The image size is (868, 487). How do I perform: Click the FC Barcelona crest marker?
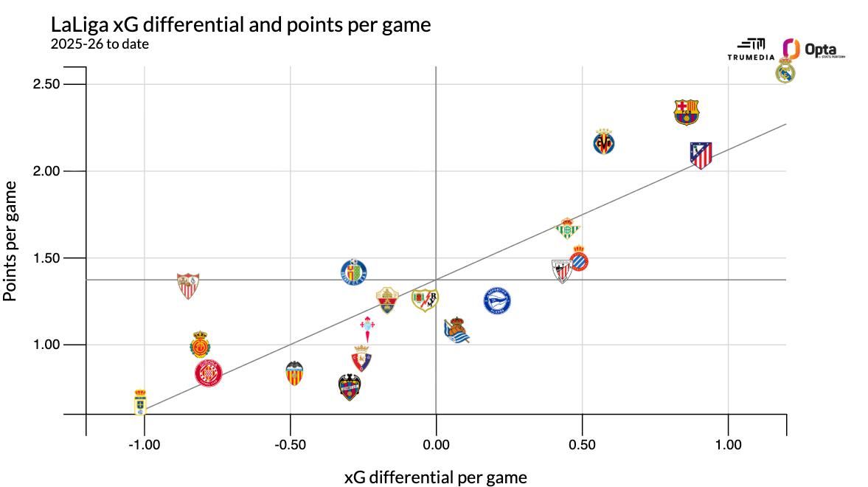(686, 112)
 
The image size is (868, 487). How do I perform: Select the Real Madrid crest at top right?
(785, 72)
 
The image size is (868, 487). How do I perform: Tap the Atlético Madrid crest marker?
(701, 155)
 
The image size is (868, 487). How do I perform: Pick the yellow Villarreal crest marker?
(604, 142)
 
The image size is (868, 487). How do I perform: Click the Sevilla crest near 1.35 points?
(188, 284)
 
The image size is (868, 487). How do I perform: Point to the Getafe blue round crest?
(354, 272)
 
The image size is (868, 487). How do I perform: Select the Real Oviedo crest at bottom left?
(140, 402)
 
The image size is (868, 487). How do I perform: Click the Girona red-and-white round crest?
(208, 373)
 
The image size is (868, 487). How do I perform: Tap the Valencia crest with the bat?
(294, 373)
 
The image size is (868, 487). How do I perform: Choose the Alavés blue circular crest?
(496, 301)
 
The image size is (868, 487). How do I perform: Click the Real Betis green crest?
(567, 229)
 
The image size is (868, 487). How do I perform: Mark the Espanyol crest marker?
(579, 259)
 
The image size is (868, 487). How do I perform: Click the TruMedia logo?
(751, 49)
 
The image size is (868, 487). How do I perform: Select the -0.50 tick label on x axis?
(290, 445)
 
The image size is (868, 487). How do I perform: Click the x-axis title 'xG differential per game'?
(436, 477)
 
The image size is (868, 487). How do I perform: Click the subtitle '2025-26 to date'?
(100, 44)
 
